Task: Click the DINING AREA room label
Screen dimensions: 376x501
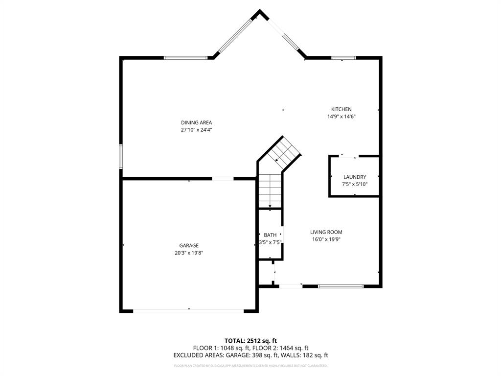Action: coord(196,122)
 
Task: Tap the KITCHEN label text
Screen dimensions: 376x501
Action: coord(341,109)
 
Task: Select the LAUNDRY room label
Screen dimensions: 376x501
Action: coord(354,177)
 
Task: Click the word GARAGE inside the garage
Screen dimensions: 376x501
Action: coord(189,245)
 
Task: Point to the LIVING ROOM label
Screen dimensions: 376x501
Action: coord(326,232)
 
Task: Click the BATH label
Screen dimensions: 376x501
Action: coord(270,235)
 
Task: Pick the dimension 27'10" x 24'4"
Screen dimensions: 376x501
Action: coord(196,130)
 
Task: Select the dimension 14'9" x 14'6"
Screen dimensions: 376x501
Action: coord(341,117)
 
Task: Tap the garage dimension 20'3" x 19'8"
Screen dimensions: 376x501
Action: coord(189,253)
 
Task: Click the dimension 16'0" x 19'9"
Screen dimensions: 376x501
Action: coord(326,239)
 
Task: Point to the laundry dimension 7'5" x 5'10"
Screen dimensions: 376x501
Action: coord(354,184)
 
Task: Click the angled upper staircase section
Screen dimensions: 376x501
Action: coord(283,152)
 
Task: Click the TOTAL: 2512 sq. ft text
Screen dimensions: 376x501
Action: coord(250,340)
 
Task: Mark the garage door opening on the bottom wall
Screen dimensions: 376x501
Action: coord(188,310)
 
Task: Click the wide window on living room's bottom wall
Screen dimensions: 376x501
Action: coord(341,286)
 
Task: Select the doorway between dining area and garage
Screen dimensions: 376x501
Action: coord(223,179)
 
